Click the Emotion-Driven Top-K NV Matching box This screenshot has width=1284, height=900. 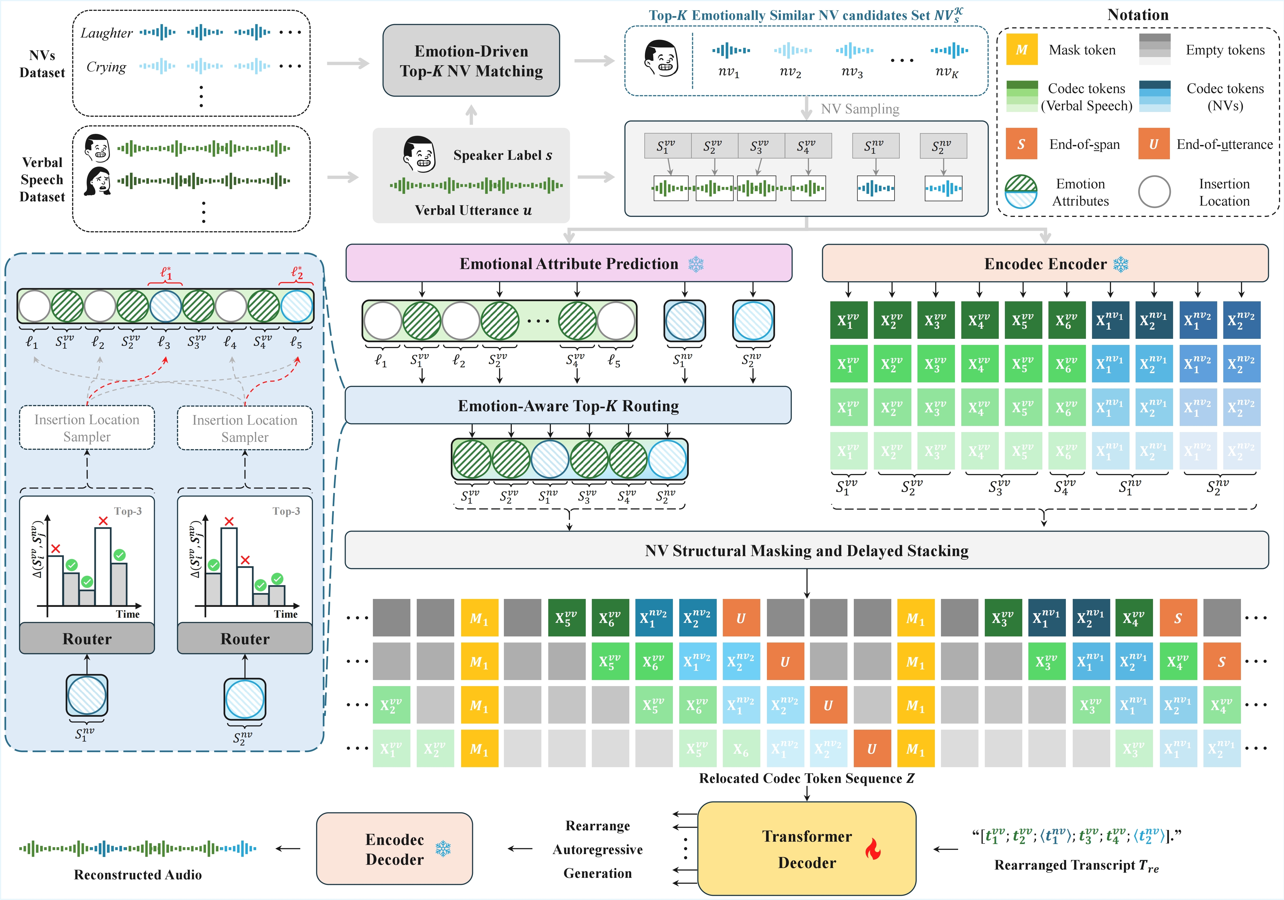point(471,60)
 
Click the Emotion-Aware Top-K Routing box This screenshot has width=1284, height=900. point(568,406)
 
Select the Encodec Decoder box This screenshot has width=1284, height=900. point(394,849)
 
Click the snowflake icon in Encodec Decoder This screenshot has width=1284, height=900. point(443,849)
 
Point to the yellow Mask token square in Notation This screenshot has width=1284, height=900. point(1021,50)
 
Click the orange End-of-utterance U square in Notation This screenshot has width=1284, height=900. point(1153,144)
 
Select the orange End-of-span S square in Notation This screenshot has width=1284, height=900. point(1021,144)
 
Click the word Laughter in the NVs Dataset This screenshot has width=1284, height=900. point(106,33)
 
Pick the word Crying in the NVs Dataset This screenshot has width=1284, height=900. point(106,67)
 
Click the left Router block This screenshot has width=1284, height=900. point(87,639)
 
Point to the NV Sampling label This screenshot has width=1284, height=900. point(860,109)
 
